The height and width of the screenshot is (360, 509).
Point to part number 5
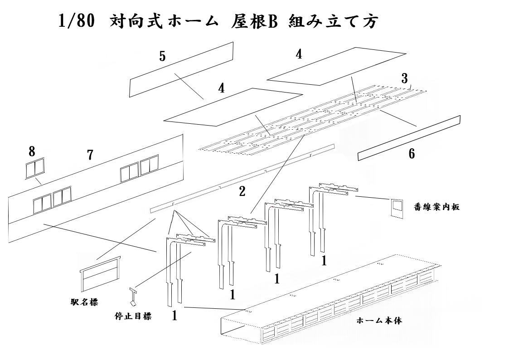[x=162, y=56]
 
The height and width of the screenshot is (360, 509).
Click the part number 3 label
[x=404, y=78]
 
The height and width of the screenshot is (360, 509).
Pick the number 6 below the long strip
[x=412, y=154]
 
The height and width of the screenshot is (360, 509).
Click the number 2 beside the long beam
[x=242, y=191]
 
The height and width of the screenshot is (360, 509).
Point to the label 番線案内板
[x=437, y=207]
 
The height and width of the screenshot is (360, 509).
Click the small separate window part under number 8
[x=35, y=169]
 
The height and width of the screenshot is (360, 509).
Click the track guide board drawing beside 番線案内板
[x=397, y=208]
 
